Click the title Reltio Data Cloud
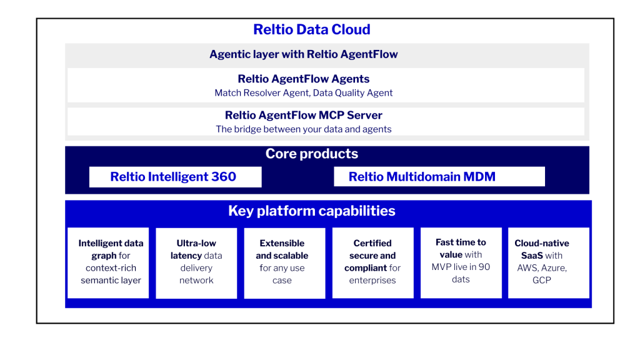tap(311, 29)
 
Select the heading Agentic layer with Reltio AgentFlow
tap(304, 54)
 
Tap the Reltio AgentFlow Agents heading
tap(304, 79)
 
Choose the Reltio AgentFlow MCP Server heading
tap(304, 116)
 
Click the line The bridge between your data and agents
tap(304, 129)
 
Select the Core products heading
tap(311, 154)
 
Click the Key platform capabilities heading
tap(311, 211)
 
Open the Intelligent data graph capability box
tap(111, 262)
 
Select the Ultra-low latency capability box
tap(196, 262)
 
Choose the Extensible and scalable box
tap(282, 262)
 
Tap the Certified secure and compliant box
tap(372, 262)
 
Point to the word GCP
tap(542, 280)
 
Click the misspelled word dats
tap(461, 279)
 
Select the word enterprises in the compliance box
tap(372, 281)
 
